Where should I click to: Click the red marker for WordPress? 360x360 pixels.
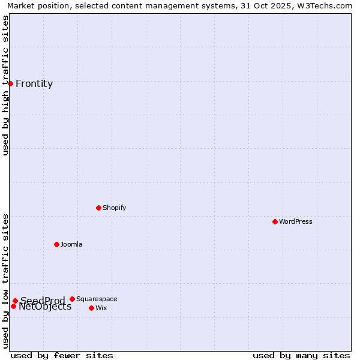coord(275,221)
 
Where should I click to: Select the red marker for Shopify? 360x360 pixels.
coord(98,208)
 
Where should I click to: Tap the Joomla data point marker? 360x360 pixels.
coord(56,244)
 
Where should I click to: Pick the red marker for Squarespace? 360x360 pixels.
coord(72,299)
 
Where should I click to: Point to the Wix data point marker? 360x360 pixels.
coord(91,308)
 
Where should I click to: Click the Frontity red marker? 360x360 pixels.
coord(10,83)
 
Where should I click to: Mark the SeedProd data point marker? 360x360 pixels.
coord(15,301)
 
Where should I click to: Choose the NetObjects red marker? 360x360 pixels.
coord(13,306)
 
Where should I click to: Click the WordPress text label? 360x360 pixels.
coord(296,221)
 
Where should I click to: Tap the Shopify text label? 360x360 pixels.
coord(114,208)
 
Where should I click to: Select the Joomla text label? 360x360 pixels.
coord(71,244)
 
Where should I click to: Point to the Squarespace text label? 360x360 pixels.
coord(97,299)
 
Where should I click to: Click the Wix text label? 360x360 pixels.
coord(101,308)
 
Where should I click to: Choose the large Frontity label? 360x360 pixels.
coord(34,83)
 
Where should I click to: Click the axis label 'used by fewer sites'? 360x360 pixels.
coord(62,355)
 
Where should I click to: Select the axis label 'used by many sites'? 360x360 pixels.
coord(301,355)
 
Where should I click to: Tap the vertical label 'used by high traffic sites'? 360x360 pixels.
coord(5,85)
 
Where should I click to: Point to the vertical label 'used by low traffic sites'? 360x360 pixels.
coord(5,281)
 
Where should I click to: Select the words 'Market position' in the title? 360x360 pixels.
coord(35,5)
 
